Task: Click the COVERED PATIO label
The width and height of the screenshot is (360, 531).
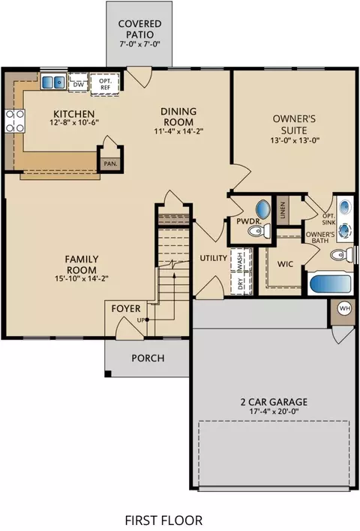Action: pyautogui.click(x=139, y=29)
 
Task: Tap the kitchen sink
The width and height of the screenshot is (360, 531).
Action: pyautogui.click(x=53, y=82)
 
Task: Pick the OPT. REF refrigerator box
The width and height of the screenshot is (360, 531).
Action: pyautogui.click(x=105, y=84)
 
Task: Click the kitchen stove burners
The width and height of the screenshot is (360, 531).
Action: pyautogui.click(x=15, y=121)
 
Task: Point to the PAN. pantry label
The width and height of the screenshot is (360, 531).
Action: pyautogui.click(x=110, y=164)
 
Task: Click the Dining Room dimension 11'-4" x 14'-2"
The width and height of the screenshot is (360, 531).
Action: pyautogui.click(x=178, y=131)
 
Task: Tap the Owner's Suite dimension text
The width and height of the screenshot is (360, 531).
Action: pyautogui.click(x=295, y=140)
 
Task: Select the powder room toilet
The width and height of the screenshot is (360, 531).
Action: pyautogui.click(x=259, y=231)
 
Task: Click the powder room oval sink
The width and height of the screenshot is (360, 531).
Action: pyautogui.click(x=263, y=209)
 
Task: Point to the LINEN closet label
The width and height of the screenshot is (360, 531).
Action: pyautogui.click(x=283, y=210)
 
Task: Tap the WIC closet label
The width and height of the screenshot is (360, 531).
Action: pyautogui.click(x=285, y=264)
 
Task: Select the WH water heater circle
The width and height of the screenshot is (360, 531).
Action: pyautogui.click(x=345, y=308)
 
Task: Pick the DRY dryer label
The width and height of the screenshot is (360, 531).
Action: pyautogui.click(x=240, y=283)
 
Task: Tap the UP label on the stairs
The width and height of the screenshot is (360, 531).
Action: pyautogui.click(x=141, y=320)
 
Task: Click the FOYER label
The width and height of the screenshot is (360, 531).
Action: pyautogui.click(x=126, y=308)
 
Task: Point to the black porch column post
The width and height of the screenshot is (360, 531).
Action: pyautogui.click(x=108, y=373)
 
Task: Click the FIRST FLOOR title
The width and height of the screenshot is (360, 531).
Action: pyautogui.click(x=164, y=520)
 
